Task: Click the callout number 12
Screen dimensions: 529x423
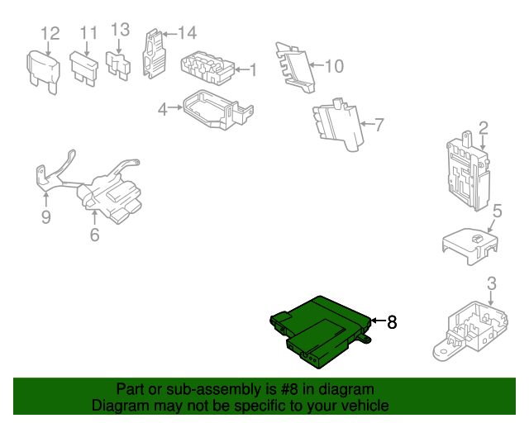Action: [x=50, y=34]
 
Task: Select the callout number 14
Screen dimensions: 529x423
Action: [x=188, y=33]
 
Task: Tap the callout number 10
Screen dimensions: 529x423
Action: [x=334, y=66]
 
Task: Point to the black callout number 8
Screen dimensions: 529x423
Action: [x=392, y=322]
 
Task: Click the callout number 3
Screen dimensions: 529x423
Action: [x=492, y=283]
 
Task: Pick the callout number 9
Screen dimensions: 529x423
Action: [x=46, y=217]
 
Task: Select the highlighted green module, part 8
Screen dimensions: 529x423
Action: [x=321, y=332]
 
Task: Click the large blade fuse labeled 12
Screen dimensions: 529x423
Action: [x=44, y=72]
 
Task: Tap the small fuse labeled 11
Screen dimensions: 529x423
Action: [x=84, y=69]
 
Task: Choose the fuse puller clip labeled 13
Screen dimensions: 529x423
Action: [x=117, y=66]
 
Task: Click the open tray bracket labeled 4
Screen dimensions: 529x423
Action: [x=218, y=109]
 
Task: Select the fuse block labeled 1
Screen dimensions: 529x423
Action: [x=207, y=68]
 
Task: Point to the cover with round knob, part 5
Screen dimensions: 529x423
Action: [x=470, y=245]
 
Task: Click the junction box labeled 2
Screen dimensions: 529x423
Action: [x=468, y=171]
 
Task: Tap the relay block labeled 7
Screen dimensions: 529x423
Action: [x=338, y=125]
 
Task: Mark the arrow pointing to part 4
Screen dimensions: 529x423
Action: [x=175, y=107]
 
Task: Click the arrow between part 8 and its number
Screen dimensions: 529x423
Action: [x=378, y=320]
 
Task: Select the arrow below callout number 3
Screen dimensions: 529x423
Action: [x=491, y=299]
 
